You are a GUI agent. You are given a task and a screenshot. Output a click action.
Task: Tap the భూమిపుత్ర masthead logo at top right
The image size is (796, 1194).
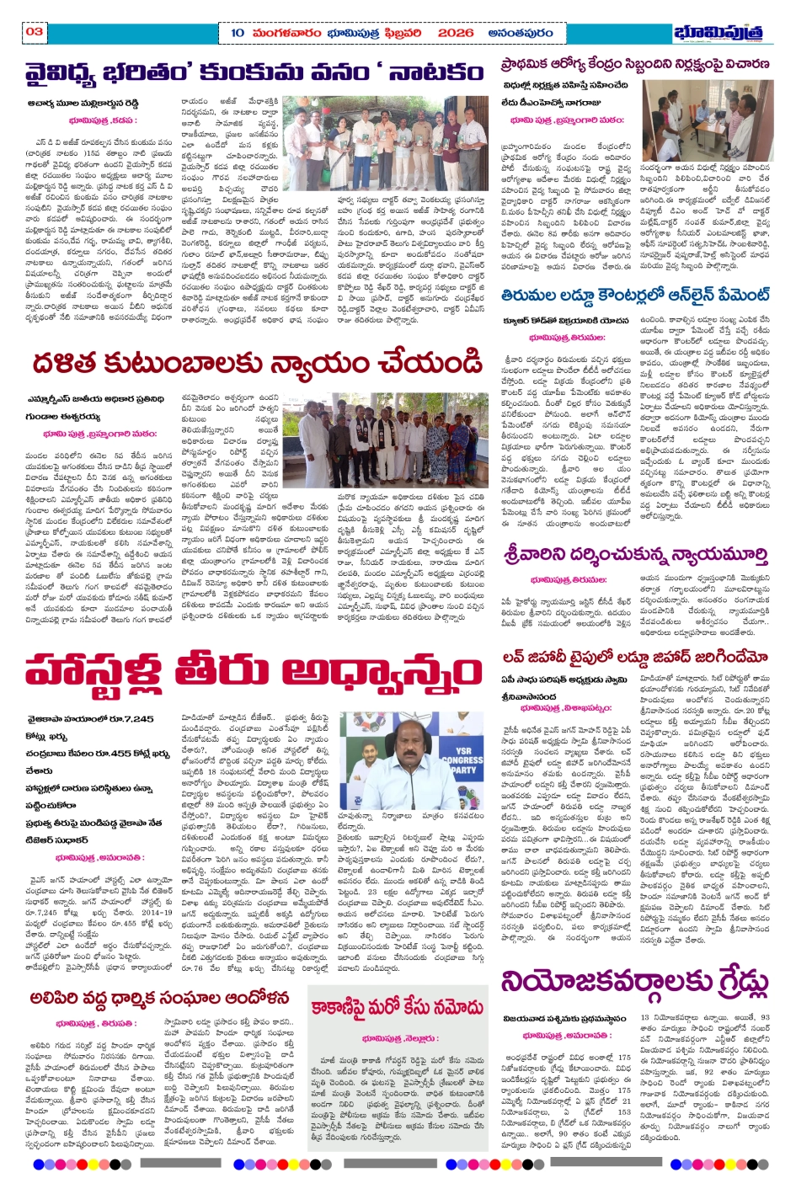723,33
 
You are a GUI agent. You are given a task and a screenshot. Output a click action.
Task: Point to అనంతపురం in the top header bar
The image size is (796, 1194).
520,33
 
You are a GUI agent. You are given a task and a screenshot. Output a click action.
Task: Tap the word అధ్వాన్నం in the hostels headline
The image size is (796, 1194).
382,674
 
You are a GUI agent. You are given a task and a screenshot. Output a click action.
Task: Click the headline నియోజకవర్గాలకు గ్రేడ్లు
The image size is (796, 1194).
635,983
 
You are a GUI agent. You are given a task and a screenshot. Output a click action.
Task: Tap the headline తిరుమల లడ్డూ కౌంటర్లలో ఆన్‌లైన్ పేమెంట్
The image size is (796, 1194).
634,296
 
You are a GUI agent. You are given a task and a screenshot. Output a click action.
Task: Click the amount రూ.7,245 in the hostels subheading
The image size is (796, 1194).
127,719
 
